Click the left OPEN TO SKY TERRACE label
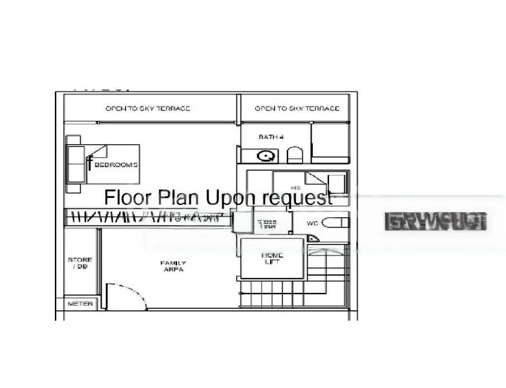click(x=148, y=108)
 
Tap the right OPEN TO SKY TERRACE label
click(x=297, y=108)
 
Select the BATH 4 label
click(x=271, y=137)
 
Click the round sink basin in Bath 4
click(x=265, y=156)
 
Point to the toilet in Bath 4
click(x=295, y=155)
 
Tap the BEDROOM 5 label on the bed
click(x=116, y=165)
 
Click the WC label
click(x=312, y=224)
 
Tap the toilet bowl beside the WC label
click(x=335, y=223)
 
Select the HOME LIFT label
click(x=272, y=259)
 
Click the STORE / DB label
click(x=80, y=263)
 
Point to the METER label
click(x=80, y=303)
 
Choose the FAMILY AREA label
click(x=173, y=266)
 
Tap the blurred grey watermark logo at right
click(x=435, y=222)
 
